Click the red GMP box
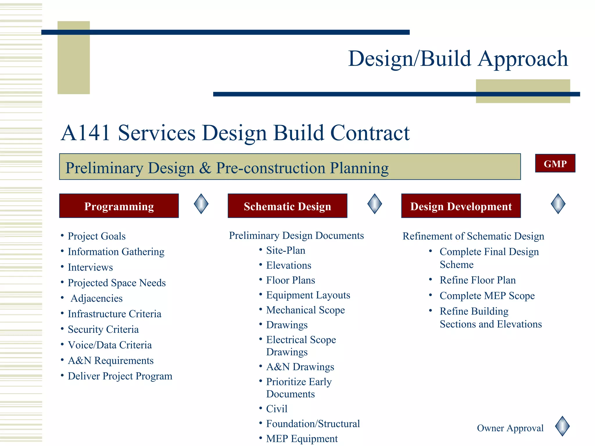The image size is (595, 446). (555, 163)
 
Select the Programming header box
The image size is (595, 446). (119, 206)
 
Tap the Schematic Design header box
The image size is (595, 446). (287, 206)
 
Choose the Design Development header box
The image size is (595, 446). (461, 206)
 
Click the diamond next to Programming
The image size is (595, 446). (201, 204)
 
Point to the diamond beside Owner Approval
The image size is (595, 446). (562, 426)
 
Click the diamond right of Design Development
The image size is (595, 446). (558, 204)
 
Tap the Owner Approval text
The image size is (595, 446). (510, 428)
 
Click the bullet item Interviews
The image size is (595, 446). (90, 267)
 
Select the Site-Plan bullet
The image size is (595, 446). (286, 251)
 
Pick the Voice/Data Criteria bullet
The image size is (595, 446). (110, 345)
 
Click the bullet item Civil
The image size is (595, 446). (277, 409)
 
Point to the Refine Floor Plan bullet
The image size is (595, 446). (478, 280)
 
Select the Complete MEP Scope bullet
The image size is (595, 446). (487, 296)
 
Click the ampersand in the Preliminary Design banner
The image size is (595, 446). (205, 168)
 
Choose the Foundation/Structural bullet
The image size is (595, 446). (313, 424)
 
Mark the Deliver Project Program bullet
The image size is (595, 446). (120, 376)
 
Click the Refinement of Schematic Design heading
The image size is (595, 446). (473, 236)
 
